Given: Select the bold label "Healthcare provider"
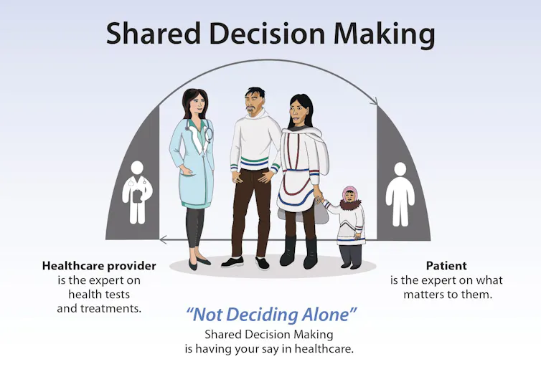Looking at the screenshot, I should tap(99, 266).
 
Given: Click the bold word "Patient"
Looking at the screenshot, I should tap(446, 266).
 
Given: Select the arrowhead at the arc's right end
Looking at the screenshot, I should tap(374, 105).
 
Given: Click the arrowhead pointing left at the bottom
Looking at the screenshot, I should tap(164, 239).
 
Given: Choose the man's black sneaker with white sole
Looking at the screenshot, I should tap(231, 262).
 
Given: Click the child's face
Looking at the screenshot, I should tap(350, 199).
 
